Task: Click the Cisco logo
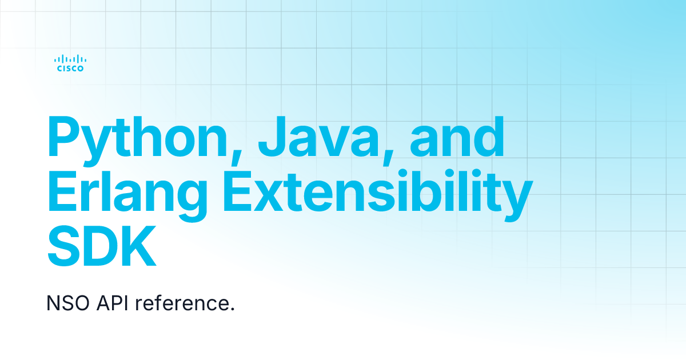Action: [70, 63]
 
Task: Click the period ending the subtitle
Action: [233, 310]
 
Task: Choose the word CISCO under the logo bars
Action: [70, 69]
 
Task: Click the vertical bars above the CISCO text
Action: [70, 58]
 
